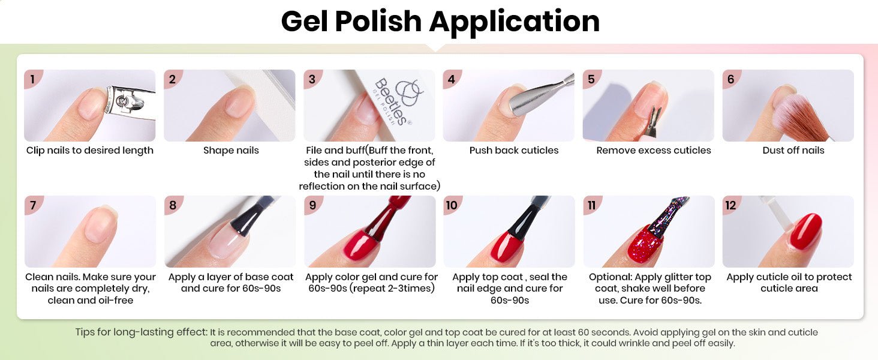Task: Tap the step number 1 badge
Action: point(32,79)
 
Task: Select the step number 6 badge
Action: point(731,79)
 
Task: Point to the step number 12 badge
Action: point(731,205)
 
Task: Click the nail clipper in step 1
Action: point(130,103)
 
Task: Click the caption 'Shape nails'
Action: point(231,151)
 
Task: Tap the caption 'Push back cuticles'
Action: point(514,150)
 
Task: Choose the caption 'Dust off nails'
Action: point(793,150)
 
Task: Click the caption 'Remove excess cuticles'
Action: point(654,150)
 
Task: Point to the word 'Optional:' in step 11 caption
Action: point(610,277)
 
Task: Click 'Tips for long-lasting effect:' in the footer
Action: point(141,332)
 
